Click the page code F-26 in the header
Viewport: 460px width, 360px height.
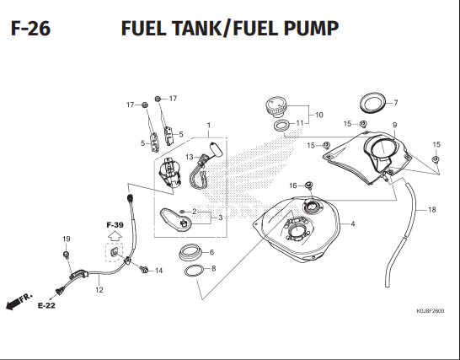tap(31, 29)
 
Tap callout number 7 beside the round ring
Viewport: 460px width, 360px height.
tap(396, 103)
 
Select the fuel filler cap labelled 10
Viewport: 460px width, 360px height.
tap(276, 107)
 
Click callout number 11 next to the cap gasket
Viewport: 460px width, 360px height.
tap(300, 123)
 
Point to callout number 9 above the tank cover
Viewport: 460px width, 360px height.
tap(394, 125)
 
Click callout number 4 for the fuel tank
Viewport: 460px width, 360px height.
tap(353, 223)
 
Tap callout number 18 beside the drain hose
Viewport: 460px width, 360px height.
tap(432, 210)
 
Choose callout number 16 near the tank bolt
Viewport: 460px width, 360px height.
tap(293, 185)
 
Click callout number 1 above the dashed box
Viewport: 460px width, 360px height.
tap(209, 126)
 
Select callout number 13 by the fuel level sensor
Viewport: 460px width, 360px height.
tap(190, 157)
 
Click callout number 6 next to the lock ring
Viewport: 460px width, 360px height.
tap(211, 252)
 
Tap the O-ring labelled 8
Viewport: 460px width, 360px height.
tap(194, 271)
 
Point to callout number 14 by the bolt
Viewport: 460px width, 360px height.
tap(158, 271)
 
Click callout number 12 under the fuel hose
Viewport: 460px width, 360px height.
tap(99, 290)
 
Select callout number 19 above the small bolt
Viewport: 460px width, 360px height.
tap(67, 239)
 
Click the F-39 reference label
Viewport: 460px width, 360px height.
tap(115, 225)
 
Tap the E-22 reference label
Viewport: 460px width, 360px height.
tap(46, 306)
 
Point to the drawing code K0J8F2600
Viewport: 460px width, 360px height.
tap(431, 311)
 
